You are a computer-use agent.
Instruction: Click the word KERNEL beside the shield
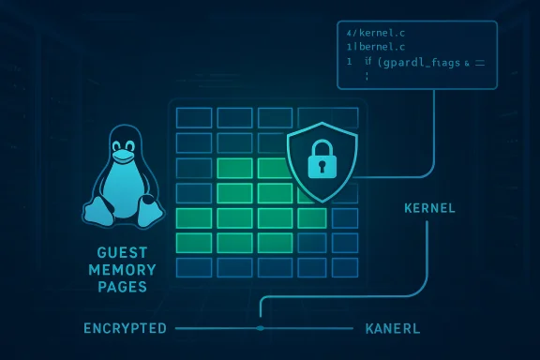429,207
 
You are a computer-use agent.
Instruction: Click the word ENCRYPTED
125,329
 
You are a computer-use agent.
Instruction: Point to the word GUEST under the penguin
122,253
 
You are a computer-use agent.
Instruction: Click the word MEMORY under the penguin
122,270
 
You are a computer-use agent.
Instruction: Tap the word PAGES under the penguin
122,287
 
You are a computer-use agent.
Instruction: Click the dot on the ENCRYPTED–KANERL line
261,328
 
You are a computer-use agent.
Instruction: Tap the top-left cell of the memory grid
193,117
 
